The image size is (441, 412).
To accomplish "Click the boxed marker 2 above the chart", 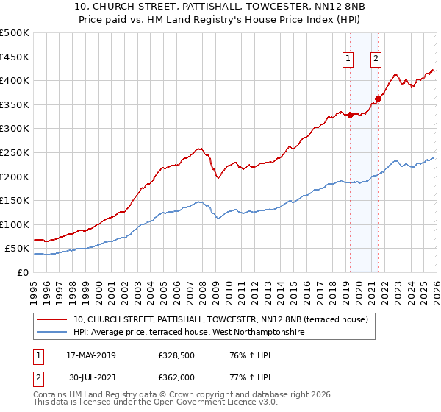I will [376, 60].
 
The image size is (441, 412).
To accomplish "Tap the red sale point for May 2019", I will [350, 115].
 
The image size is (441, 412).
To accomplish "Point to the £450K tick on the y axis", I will [14, 57].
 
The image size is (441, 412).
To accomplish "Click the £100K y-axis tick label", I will [14, 224].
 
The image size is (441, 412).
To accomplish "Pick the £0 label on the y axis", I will [23, 272].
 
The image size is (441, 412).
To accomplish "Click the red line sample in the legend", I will [52, 319].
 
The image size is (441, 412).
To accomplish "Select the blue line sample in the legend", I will [52, 333].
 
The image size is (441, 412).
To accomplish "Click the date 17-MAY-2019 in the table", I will [90, 355].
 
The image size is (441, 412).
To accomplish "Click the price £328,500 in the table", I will [176, 355].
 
